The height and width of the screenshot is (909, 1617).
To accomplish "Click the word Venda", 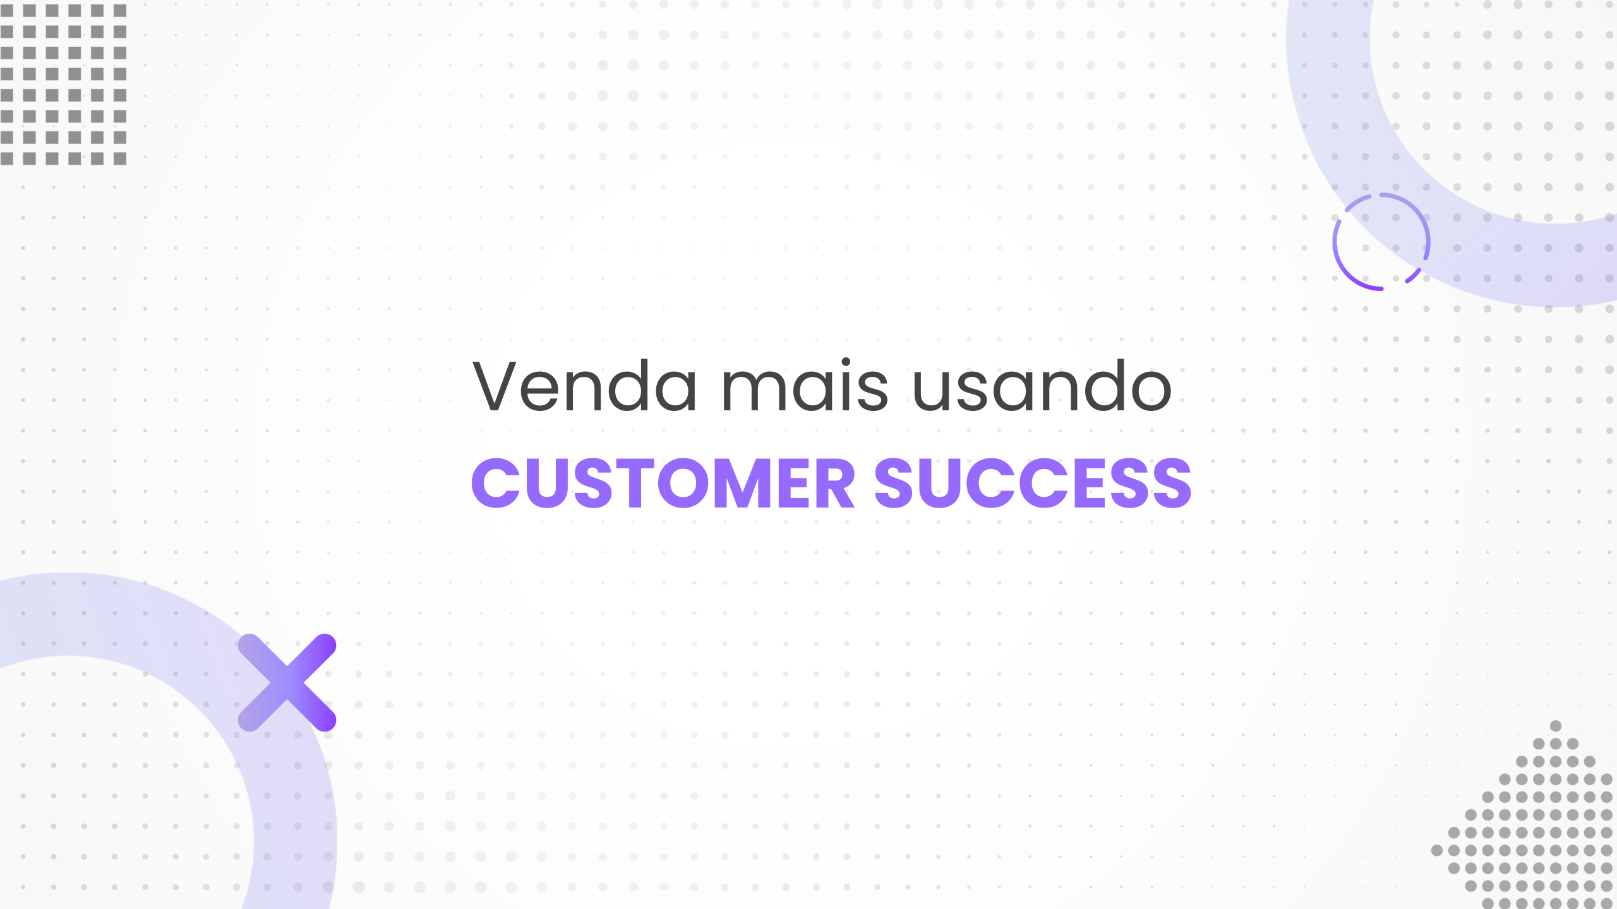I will (x=585, y=386).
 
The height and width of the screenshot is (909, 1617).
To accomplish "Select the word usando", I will (x=1042, y=386).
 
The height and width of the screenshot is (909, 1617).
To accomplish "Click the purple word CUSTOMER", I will (x=663, y=484).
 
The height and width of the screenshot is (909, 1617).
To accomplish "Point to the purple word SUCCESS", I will (x=1033, y=484).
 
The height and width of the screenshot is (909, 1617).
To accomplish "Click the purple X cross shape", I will (x=287, y=682).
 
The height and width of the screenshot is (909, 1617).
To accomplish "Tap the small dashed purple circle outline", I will (x=1381, y=242).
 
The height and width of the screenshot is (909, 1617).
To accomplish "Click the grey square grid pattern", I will (x=63, y=84).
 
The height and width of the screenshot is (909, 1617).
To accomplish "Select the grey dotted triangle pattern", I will (x=1541, y=833).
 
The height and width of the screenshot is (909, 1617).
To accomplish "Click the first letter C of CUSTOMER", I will (x=496, y=484).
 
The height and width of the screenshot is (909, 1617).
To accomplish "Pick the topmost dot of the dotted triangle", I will (x=1556, y=726).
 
